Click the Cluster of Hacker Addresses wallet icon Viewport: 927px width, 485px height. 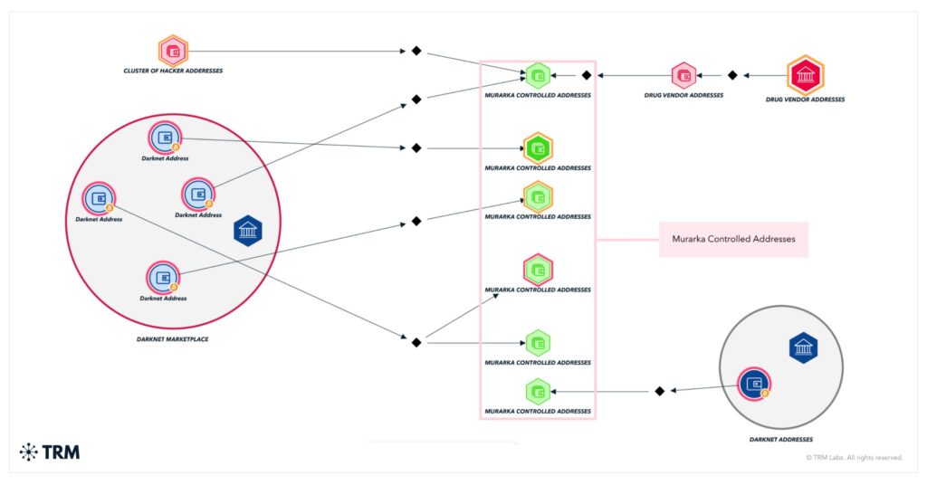pos(173,51)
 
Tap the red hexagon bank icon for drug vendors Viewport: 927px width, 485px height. pos(805,76)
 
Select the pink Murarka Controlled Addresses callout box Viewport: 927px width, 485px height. pos(733,239)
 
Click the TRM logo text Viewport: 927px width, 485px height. pos(61,452)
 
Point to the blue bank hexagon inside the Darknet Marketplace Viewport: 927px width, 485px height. pos(248,231)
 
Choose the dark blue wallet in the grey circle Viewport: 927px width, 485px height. pos(754,384)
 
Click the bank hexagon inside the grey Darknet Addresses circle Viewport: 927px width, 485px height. pos(804,347)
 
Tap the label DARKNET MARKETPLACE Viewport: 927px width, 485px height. pos(173,339)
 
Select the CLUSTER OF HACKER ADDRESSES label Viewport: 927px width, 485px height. pos(173,71)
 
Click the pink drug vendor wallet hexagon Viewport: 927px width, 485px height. pos(684,76)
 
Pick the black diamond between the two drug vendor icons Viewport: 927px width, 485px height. pos(732,75)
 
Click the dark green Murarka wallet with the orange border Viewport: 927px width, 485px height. pos(538,148)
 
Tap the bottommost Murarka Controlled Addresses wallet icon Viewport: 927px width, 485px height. pos(538,392)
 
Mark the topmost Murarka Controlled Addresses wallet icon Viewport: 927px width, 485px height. pos(538,76)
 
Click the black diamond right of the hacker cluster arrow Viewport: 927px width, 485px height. pos(416,51)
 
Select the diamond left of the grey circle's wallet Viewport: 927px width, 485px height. pos(660,391)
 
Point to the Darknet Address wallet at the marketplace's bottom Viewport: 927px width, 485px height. pos(163,278)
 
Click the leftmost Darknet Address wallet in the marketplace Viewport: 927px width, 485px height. pos(99,198)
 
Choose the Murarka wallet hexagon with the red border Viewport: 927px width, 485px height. pos(538,270)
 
